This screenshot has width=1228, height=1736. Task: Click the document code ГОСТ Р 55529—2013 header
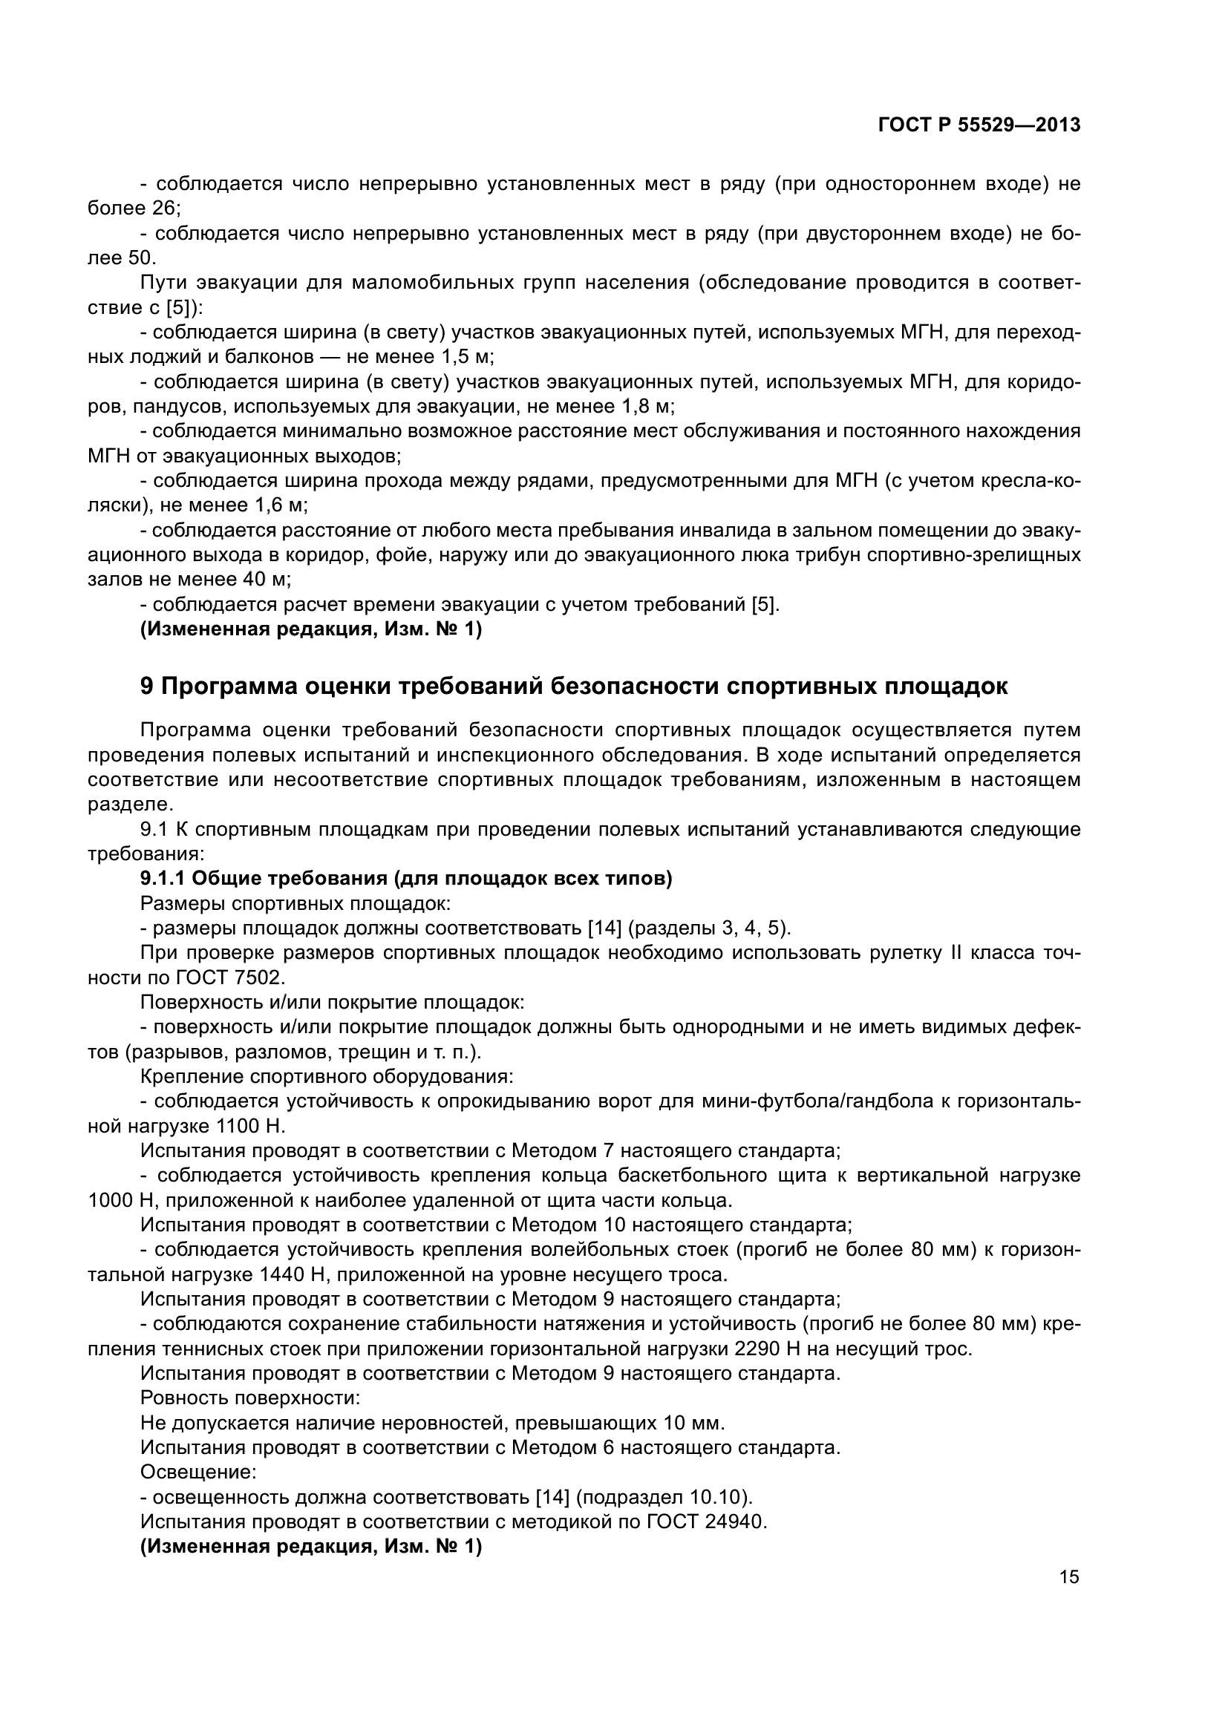pos(979,125)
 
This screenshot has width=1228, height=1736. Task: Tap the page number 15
pos(1069,1577)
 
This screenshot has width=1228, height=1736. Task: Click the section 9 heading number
pos(148,687)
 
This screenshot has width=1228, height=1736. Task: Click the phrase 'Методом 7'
pos(563,1151)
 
